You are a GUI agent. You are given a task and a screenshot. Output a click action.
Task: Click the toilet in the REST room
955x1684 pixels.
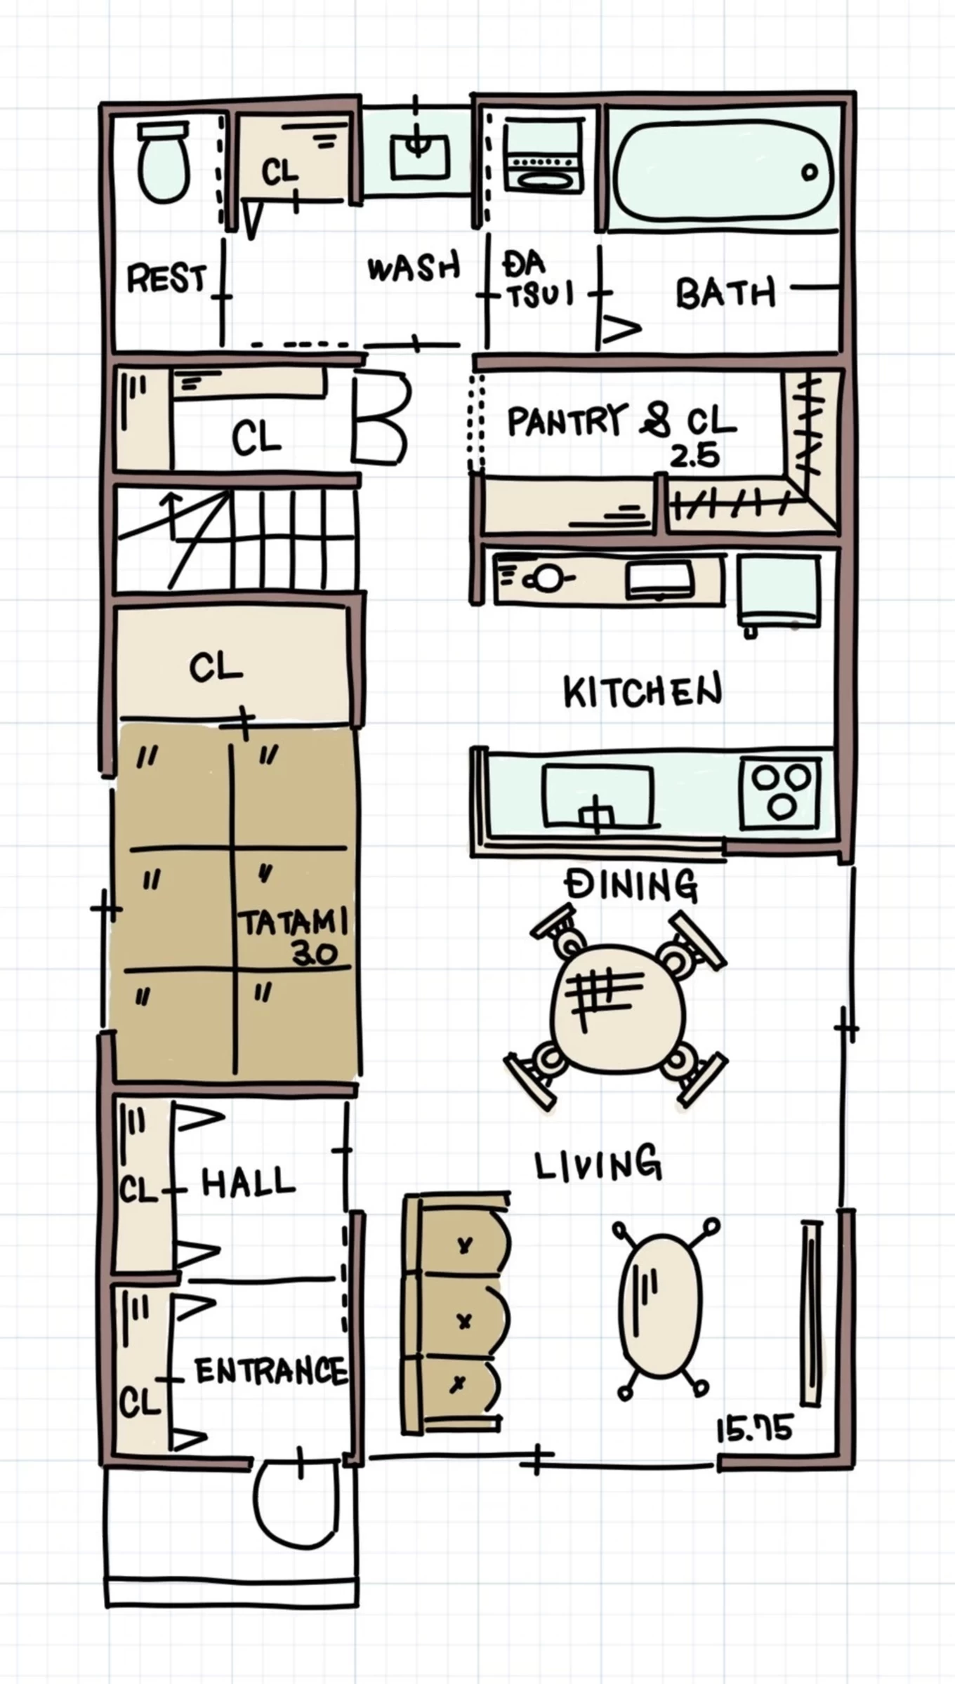coord(164,162)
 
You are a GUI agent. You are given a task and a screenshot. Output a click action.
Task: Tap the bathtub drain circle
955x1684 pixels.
coord(809,172)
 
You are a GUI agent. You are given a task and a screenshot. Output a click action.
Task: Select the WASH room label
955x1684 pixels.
coord(413,267)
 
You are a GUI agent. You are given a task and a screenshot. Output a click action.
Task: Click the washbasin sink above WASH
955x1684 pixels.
coord(419,155)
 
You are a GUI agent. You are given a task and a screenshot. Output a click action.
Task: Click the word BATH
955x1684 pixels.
coord(726,293)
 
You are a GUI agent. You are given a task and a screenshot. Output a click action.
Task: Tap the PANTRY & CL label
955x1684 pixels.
coord(621,421)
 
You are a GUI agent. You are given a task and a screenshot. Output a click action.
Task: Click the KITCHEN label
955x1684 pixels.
coord(643,691)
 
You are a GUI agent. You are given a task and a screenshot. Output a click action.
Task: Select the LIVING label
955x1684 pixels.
coord(598,1165)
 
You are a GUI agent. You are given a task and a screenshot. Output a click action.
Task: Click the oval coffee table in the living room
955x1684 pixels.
coord(660,1307)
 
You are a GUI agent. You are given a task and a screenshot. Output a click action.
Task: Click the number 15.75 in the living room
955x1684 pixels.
coord(755,1428)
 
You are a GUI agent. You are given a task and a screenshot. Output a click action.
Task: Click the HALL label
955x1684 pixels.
coord(248,1181)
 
